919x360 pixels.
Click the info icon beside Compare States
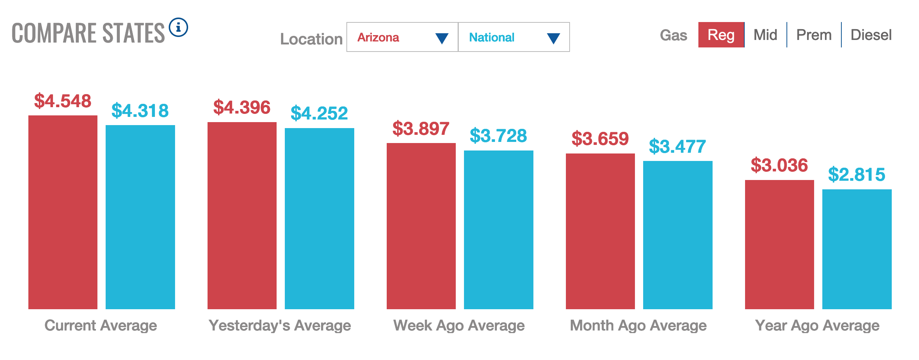click(x=178, y=28)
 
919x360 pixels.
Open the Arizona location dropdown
click(x=402, y=37)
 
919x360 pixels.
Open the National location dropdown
click(x=514, y=37)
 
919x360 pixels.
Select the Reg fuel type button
click(x=721, y=35)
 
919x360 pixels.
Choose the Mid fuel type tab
click(x=765, y=35)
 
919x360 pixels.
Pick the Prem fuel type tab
click(x=814, y=35)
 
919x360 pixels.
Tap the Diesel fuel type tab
click(x=871, y=35)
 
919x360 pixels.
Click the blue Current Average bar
click(x=140, y=217)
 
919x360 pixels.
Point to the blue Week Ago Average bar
click(x=498, y=230)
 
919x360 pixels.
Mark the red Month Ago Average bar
click(x=600, y=231)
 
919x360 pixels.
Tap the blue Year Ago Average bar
click(x=857, y=249)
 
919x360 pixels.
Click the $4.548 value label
click(x=63, y=101)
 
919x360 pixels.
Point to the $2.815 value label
click(x=857, y=175)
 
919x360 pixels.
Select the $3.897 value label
click(x=421, y=129)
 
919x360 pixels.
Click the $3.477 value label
click(x=677, y=146)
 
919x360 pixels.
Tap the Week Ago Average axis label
click(x=459, y=326)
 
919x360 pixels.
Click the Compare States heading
click(x=88, y=33)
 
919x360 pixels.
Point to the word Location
click(x=311, y=39)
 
